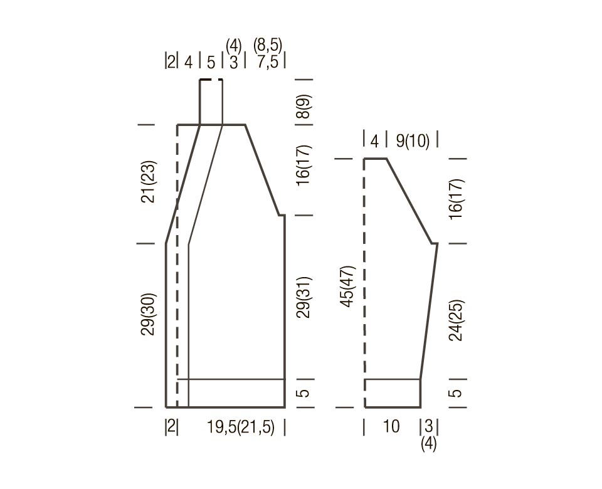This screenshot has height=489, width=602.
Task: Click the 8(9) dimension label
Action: coord(304,107)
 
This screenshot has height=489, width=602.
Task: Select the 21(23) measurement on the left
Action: coord(149,182)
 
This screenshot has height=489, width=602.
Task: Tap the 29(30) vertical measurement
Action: coord(149,314)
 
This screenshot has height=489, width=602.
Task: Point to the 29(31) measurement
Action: coord(304,297)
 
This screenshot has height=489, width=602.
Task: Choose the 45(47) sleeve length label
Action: coord(349,287)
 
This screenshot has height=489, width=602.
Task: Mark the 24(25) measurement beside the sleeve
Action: coord(457,320)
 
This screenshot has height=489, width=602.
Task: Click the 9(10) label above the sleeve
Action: coord(413,141)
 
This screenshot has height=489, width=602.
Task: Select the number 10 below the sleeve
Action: coord(391,426)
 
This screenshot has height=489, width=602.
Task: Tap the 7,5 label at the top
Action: coord(268,62)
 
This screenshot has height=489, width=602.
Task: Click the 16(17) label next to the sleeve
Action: coord(457,199)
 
